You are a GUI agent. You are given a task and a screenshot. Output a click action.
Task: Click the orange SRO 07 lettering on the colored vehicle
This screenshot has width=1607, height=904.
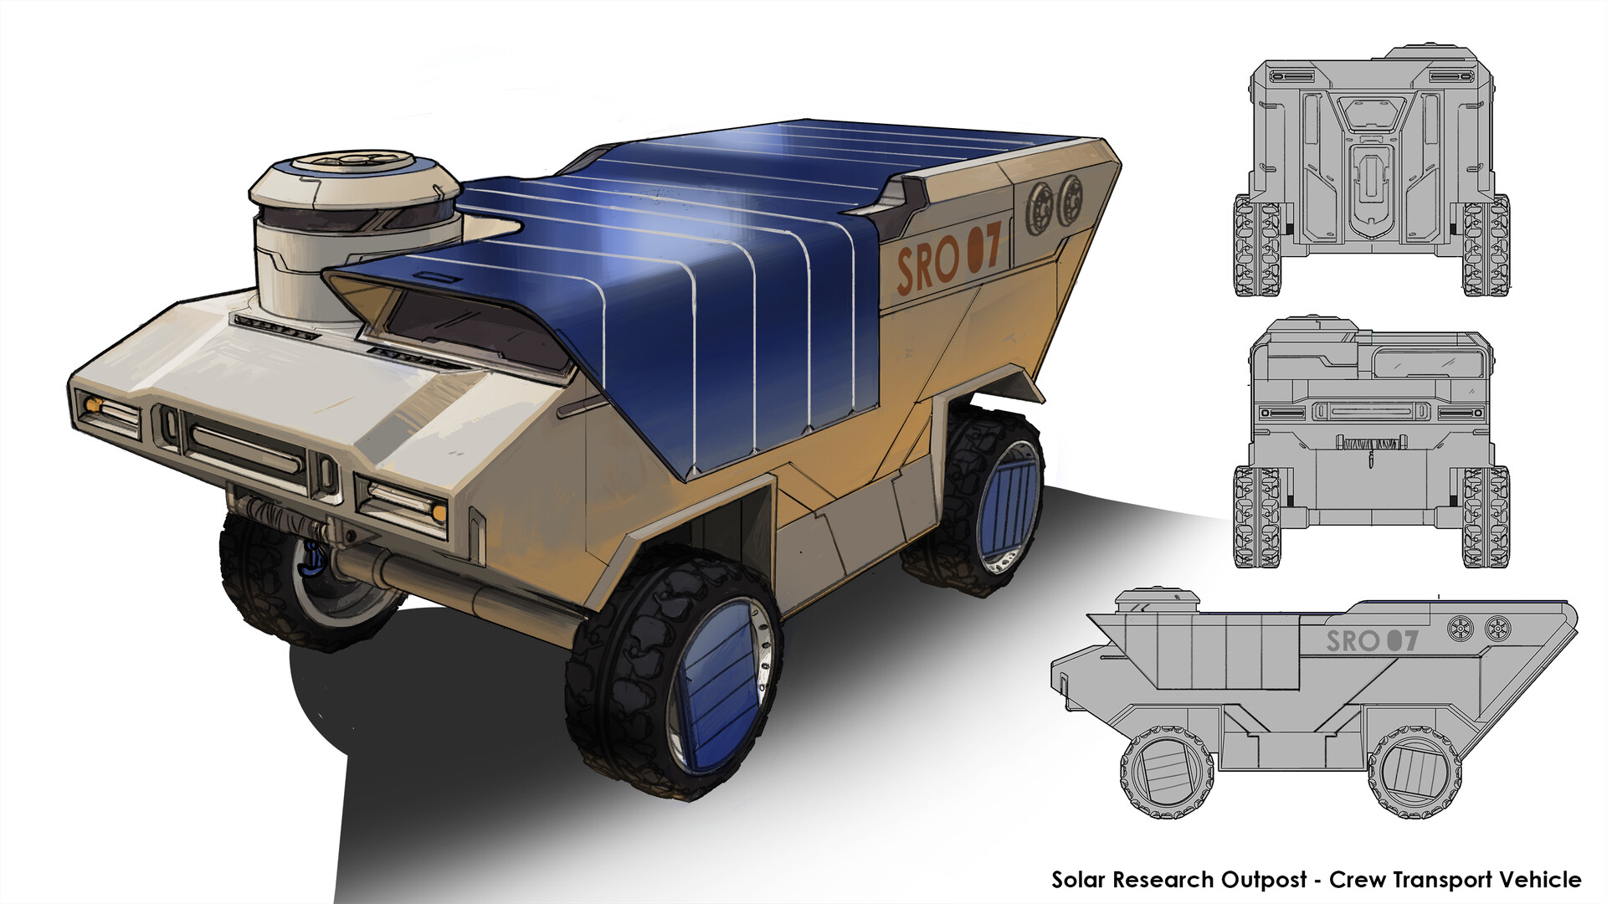[x=947, y=259]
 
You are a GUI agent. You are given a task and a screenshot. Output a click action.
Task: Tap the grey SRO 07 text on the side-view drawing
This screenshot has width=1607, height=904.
[x=1372, y=641]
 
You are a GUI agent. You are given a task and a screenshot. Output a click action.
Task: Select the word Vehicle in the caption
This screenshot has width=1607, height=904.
[x=1539, y=880]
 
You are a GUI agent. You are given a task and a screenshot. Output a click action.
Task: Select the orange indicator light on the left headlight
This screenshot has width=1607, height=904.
[x=93, y=406]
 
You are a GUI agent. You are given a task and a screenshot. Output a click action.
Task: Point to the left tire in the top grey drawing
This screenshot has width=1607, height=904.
[x=1255, y=246]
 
